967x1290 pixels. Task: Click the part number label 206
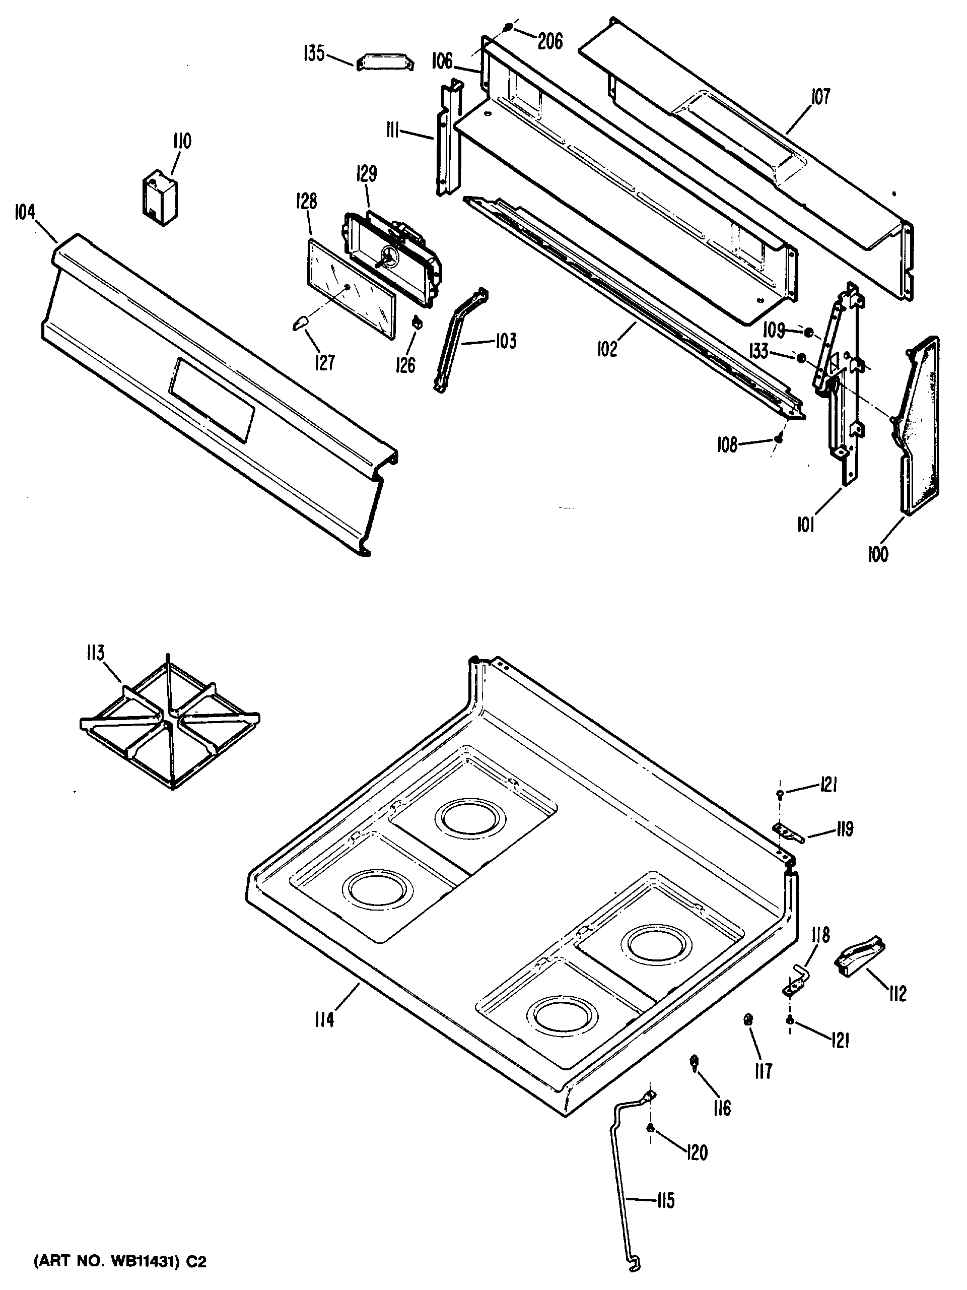coord(549,41)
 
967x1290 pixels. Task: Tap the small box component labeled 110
coord(161,197)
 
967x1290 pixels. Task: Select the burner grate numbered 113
coord(169,721)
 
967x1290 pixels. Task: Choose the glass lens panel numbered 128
coord(351,288)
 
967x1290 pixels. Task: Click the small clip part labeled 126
coord(417,321)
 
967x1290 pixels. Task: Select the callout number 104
coord(25,214)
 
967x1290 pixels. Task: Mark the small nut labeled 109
coord(808,333)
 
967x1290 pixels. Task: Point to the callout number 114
coord(323,1020)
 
